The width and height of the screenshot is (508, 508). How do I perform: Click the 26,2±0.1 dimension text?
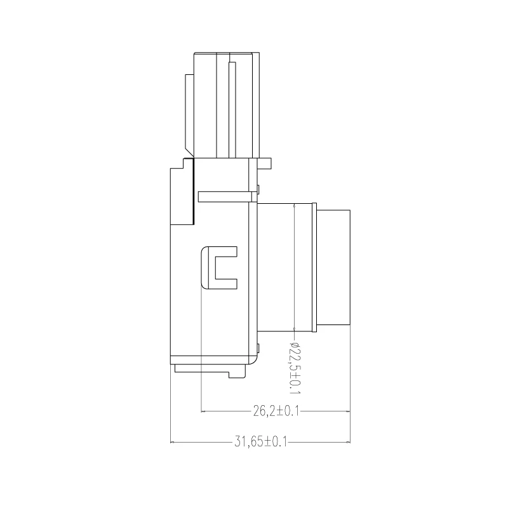[276, 411]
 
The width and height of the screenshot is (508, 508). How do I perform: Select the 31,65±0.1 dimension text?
[261, 442]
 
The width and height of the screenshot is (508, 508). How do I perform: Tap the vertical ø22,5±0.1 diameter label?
[295, 368]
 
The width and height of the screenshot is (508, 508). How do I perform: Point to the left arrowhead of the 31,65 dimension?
[172, 442]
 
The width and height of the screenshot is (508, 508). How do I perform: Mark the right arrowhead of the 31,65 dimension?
[348, 442]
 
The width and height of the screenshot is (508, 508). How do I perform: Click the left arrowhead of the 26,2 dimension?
[203, 411]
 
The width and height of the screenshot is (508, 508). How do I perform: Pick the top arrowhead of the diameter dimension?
[294, 206]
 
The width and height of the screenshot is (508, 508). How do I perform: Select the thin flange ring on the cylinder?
[314, 267]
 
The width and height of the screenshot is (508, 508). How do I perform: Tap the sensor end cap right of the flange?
[333, 267]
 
